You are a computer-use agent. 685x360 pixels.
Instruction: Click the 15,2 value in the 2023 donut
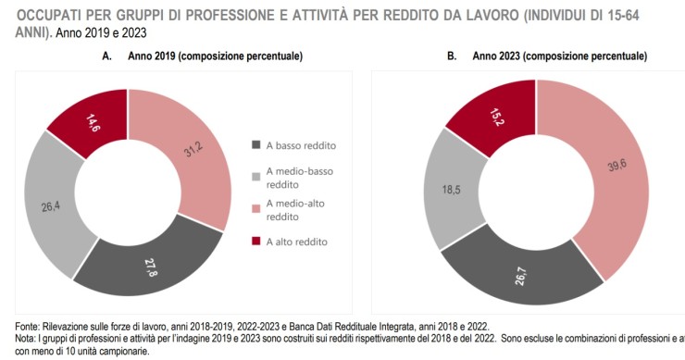[x=470, y=118]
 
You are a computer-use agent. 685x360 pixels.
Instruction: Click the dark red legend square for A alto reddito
[x=256, y=242]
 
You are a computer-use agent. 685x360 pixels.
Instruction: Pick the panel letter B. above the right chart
[x=452, y=56]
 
